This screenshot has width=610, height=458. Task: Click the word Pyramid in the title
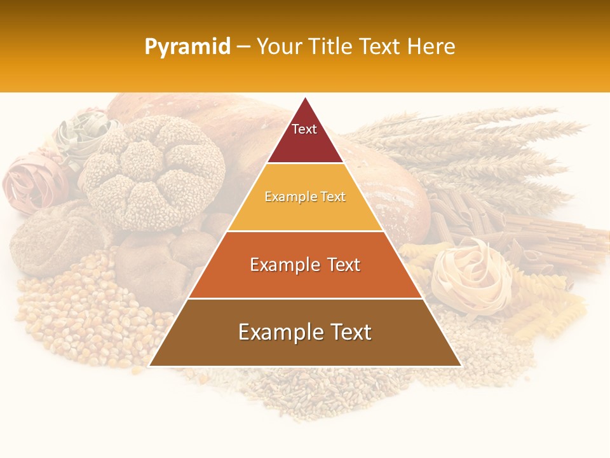[187, 47]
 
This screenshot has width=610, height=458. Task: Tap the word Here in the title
[431, 47]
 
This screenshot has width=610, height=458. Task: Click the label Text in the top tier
[304, 129]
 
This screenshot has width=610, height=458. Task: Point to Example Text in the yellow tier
[305, 197]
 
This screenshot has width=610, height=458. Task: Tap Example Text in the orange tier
[305, 265]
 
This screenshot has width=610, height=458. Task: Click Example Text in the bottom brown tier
[305, 332]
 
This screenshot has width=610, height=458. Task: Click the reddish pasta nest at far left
[32, 181]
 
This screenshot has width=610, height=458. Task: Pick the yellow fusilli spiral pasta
[546, 312]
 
